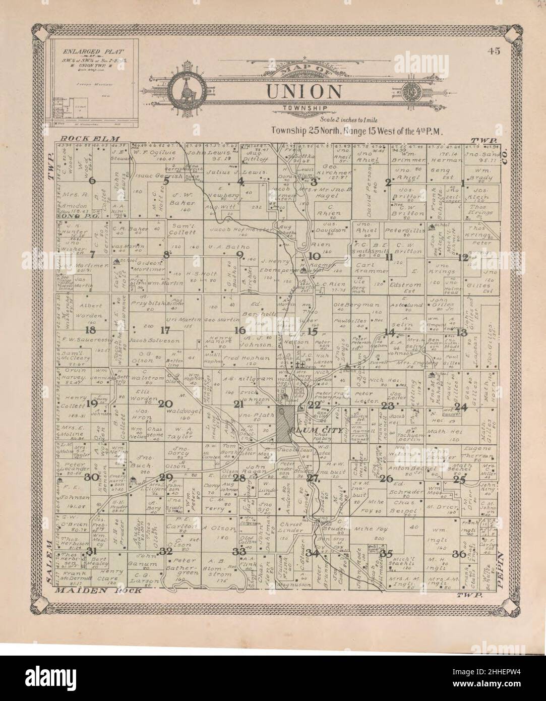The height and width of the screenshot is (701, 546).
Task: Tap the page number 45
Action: point(494,50)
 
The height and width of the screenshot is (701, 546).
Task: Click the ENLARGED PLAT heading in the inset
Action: point(91,51)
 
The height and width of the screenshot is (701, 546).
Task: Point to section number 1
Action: point(463,183)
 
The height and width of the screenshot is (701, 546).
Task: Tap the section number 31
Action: point(91,551)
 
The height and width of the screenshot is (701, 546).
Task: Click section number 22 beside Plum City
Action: point(314,404)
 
